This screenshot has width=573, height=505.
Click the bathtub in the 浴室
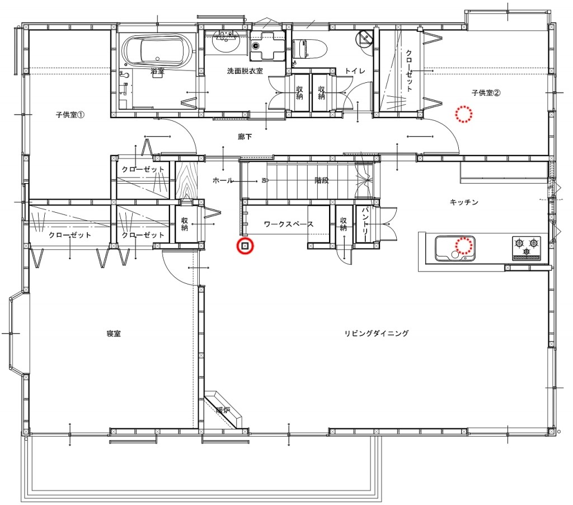(x=157, y=51)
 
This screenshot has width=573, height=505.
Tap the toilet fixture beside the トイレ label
(x=309, y=49)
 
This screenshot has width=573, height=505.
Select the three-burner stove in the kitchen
(x=527, y=248)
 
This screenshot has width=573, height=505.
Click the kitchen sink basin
(x=455, y=249)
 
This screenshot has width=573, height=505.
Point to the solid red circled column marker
(x=245, y=246)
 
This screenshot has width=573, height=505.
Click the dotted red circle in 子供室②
(x=464, y=114)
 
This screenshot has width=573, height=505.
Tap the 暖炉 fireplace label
(x=223, y=410)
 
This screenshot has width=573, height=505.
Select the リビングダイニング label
(x=377, y=333)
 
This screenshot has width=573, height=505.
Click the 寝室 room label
(x=114, y=334)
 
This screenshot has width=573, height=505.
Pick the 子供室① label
(x=70, y=115)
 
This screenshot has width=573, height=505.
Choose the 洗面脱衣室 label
(x=245, y=71)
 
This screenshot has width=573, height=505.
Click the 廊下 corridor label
(x=245, y=137)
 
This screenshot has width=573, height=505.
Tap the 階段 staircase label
(x=322, y=180)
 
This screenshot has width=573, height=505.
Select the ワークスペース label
(x=289, y=224)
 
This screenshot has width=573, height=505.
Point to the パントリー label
(x=366, y=224)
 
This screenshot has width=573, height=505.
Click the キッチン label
(x=464, y=202)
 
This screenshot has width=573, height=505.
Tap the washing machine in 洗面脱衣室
(x=267, y=45)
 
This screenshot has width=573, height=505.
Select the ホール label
(x=223, y=180)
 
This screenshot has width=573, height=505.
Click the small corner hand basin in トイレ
(x=365, y=38)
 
